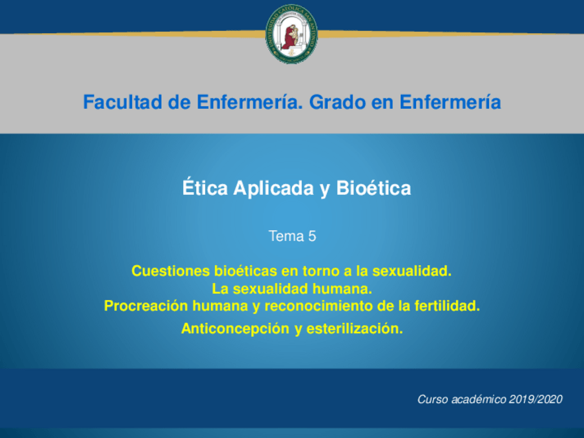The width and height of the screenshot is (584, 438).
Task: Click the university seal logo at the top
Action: pyautogui.click(x=291, y=34)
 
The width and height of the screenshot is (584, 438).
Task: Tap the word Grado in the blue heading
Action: pyautogui.click(x=337, y=102)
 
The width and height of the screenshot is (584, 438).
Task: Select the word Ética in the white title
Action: pyautogui.click(x=205, y=187)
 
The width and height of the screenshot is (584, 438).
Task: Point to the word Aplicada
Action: pyautogui.click(x=274, y=189)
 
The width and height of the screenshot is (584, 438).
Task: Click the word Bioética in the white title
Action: pyautogui.click(x=373, y=188)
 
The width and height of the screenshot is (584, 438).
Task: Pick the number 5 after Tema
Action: pyautogui.click(x=312, y=236)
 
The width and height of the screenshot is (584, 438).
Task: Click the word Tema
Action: pyautogui.click(x=286, y=236)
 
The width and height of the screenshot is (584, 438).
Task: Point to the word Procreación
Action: pyautogui.click(x=146, y=306)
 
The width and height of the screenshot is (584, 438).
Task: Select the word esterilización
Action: pyautogui.click(x=355, y=329)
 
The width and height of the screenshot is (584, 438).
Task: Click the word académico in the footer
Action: pyautogui.click(x=479, y=399)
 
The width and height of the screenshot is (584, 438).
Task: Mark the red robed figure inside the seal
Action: pyautogui.click(x=289, y=37)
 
